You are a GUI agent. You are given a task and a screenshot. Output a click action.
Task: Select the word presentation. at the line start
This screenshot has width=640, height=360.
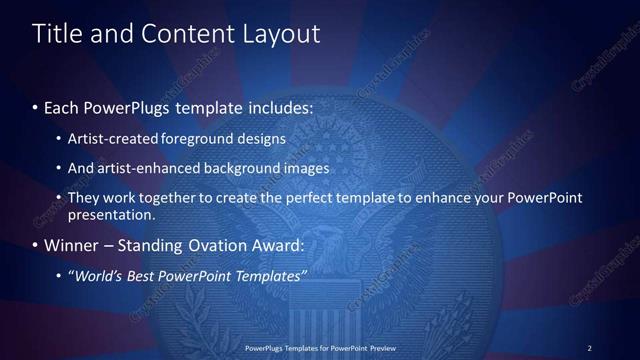click(111, 214)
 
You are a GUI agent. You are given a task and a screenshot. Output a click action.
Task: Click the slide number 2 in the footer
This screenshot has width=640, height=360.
click(589, 348)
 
